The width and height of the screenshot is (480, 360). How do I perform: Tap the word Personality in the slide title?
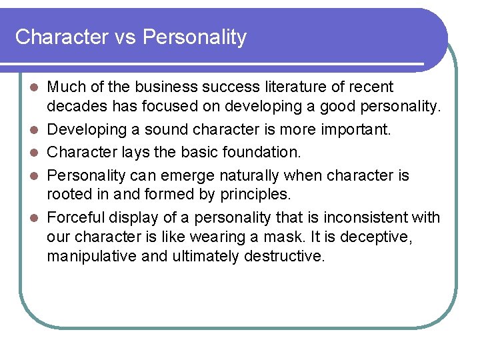click(194, 37)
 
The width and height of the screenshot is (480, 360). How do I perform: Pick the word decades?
click(71, 107)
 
